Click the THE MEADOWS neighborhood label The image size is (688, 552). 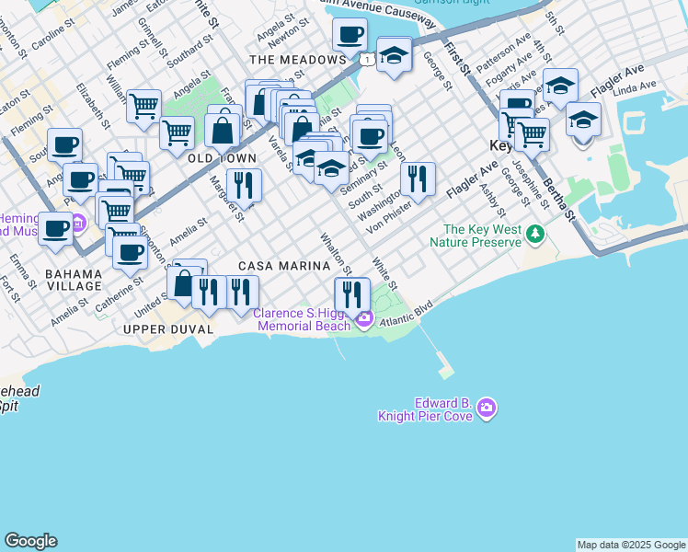[x=297, y=60]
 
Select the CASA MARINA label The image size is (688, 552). [x=284, y=266]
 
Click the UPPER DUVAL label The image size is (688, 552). [x=168, y=328]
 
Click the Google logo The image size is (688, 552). [x=30, y=541]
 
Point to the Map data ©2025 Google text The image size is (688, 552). [x=630, y=545]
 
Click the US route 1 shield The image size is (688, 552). [x=368, y=60]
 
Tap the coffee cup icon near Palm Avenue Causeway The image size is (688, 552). [x=349, y=35]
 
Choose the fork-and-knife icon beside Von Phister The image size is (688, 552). [x=419, y=178]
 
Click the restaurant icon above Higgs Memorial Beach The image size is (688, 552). [x=351, y=293]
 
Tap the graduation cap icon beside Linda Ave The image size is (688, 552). [x=583, y=119]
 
